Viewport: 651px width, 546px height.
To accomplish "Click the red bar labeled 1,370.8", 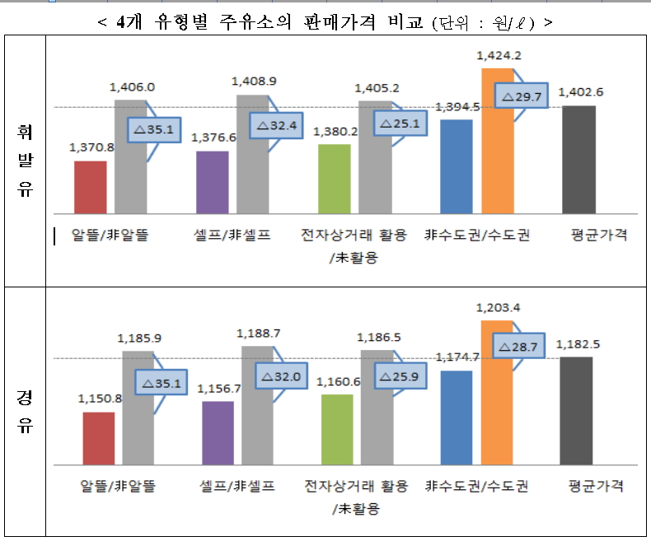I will click(x=90, y=187).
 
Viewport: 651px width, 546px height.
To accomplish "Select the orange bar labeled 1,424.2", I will click(x=498, y=141).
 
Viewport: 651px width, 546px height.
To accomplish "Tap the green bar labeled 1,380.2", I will click(x=335, y=179).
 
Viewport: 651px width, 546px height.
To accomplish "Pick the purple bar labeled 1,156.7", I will click(x=218, y=432).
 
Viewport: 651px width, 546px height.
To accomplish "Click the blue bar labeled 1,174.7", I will click(x=457, y=418).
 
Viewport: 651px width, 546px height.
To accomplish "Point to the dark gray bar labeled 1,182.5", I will click(x=576, y=411).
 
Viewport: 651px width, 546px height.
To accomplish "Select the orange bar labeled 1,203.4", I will click(x=498, y=392).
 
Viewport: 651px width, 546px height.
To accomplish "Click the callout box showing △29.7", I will click(x=521, y=96).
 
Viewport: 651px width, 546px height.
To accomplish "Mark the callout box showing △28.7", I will click(x=519, y=348).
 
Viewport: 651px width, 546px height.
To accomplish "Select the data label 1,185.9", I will click(x=139, y=338).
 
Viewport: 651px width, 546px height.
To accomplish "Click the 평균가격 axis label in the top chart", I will click(x=598, y=235).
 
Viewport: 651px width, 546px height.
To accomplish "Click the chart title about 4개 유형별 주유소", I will click(x=325, y=22).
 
